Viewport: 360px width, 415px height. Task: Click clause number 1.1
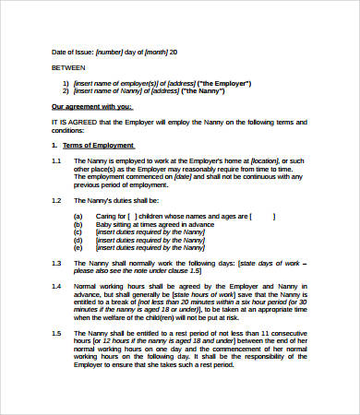(x=56, y=162)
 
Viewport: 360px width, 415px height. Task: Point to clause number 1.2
(x=56, y=200)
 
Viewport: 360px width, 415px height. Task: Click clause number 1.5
(x=56, y=332)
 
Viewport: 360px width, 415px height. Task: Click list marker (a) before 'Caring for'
(x=78, y=218)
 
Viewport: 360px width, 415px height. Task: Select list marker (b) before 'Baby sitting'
(x=78, y=225)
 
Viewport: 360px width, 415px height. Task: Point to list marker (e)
(x=78, y=247)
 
